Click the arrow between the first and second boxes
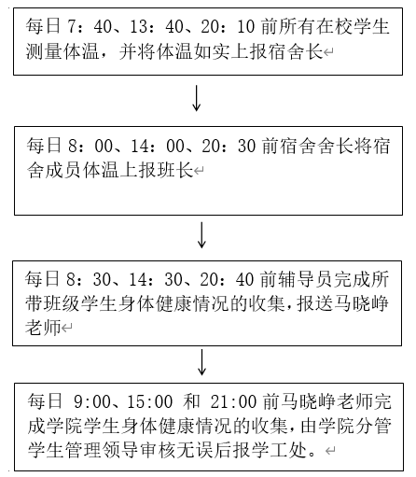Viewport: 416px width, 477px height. point(197,98)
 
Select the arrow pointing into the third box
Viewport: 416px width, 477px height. point(202,235)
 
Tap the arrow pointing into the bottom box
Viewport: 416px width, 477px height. point(202,362)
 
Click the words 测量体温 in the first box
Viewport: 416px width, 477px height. point(62,51)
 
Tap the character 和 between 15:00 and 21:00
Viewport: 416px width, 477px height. point(192,401)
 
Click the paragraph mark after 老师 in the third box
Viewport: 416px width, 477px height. point(67,328)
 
